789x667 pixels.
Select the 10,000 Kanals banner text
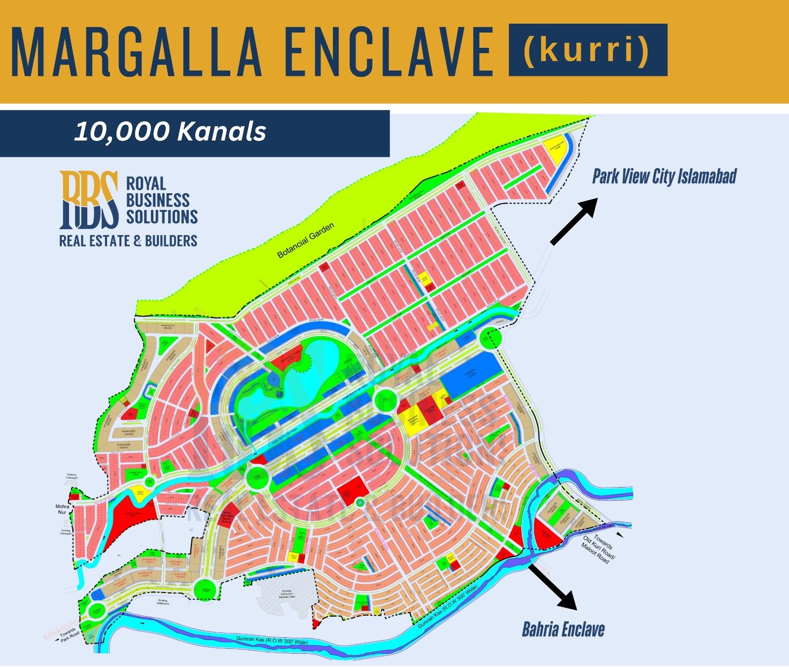[x=170, y=132]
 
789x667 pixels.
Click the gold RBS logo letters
[x=89, y=199]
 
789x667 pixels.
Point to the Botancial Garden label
[x=306, y=241]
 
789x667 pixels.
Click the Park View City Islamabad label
[x=664, y=176]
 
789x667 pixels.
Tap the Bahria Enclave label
[x=563, y=630]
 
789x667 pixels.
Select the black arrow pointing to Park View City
[x=574, y=221]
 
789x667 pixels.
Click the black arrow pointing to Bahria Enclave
[x=552, y=587]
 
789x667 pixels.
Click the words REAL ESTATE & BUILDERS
[x=128, y=241]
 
